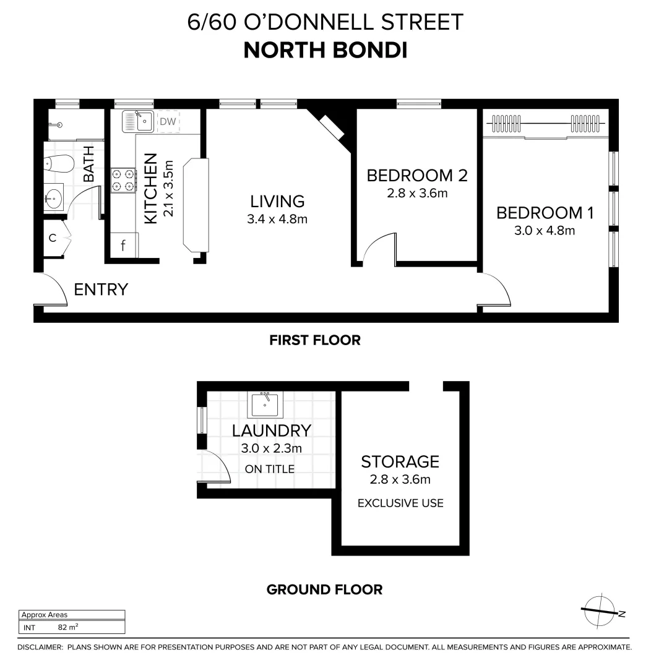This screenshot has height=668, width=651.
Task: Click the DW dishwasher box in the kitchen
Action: (x=168, y=122)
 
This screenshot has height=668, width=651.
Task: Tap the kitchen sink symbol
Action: (x=137, y=121)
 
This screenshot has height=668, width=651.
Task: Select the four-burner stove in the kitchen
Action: (x=123, y=180)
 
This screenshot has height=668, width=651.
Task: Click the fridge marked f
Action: (x=124, y=246)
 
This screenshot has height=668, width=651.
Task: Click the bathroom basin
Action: (x=54, y=200)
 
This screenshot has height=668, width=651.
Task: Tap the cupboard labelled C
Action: (x=53, y=237)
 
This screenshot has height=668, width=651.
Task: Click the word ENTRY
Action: (x=101, y=289)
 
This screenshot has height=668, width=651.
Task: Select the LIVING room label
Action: (x=277, y=201)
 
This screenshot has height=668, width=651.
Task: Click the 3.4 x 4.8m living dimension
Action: (x=278, y=219)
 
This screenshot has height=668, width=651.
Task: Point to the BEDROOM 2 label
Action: (x=416, y=176)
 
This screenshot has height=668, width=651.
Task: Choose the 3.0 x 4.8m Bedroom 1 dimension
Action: (x=545, y=231)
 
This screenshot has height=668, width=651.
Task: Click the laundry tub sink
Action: (x=266, y=405)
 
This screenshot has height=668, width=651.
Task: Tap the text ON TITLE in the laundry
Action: (x=269, y=469)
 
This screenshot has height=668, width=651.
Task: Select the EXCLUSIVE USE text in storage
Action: (x=400, y=503)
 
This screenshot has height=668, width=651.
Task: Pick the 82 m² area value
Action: (x=67, y=627)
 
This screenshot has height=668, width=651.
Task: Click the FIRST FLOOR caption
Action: (x=314, y=340)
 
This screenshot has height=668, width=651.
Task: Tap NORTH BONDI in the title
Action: (x=325, y=50)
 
